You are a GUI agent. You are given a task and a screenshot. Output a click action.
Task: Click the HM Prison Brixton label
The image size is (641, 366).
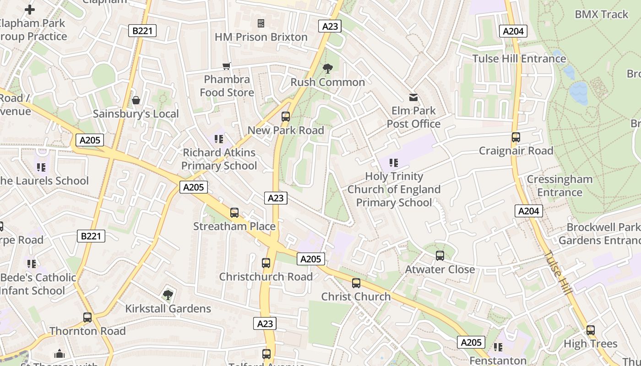point(261,37)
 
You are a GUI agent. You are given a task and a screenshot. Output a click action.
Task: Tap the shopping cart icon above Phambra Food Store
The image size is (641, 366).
point(227,66)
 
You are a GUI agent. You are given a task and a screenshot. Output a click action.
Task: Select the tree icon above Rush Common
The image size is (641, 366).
point(327,69)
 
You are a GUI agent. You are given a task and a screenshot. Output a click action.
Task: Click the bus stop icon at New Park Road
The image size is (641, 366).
point(286,117)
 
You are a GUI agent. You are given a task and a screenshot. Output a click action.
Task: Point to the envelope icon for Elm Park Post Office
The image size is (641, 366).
point(413,97)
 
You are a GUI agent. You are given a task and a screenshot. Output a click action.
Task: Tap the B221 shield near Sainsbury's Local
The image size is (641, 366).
point(142,31)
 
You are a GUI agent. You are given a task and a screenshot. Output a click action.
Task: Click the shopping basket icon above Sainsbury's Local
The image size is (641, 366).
point(136,100)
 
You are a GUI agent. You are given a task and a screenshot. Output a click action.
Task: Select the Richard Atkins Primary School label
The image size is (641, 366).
point(219,159)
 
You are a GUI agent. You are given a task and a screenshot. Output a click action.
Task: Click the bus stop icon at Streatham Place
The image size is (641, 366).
point(234,213)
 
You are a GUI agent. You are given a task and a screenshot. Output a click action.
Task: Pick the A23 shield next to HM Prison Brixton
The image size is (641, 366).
point(330,26)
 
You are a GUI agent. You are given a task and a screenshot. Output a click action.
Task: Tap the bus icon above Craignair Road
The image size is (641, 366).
point(516,137)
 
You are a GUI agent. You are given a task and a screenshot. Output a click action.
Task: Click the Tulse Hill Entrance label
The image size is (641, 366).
point(519,59)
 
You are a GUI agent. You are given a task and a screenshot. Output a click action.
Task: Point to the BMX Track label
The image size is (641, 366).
point(602,14)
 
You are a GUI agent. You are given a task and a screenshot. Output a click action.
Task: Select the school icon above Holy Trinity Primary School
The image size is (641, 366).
point(393,163)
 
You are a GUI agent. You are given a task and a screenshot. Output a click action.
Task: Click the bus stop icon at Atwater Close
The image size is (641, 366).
point(440,256)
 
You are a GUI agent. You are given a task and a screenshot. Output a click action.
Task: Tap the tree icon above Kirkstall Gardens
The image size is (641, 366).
point(168,295)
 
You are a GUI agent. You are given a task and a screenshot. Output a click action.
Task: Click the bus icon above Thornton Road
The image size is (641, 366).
point(87,317)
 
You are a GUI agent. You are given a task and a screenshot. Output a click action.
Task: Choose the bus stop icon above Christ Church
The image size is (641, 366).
point(356,283)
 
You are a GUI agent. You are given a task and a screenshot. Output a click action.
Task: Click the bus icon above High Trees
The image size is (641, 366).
point(591,330)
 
